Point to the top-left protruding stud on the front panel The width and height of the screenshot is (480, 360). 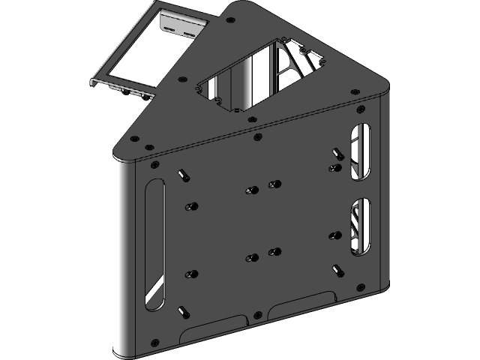[181, 175]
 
